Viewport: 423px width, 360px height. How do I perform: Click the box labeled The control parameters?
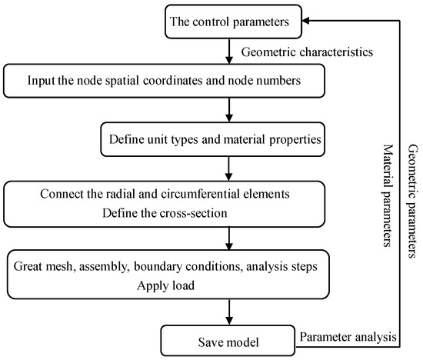(x=233, y=22)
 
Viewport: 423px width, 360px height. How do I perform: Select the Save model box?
(x=228, y=341)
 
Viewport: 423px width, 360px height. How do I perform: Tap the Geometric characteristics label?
(x=307, y=52)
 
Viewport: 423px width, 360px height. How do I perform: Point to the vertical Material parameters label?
(x=388, y=195)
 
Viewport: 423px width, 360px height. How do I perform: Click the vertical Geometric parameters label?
(x=412, y=201)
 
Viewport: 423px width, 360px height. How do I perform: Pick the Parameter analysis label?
(x=348, y=337)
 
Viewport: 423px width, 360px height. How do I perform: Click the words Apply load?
(x=165, y=286)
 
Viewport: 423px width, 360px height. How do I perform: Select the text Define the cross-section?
(x=165, y=213)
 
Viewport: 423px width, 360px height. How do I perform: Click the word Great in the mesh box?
(x=27, y=266)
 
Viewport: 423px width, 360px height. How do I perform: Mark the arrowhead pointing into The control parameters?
(x=305, y=21)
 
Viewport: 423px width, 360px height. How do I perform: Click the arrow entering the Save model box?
(x=229, y=312)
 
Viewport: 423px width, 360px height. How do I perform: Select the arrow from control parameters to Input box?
(x=229, y=52)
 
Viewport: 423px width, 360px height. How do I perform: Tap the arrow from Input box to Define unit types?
(x=229, y=110)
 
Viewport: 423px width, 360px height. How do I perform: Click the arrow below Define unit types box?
(x=228, y=168)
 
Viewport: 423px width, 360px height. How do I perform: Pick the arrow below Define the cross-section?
(x=229, y=238)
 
